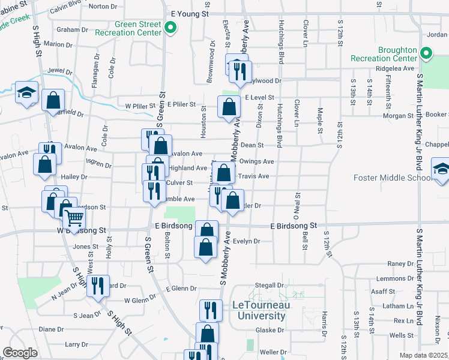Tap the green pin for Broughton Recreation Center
coord(426,54)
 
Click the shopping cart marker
coord(74,217)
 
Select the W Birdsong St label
coord(81,230)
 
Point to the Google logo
coord(20,353)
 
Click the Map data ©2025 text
coord(424,355)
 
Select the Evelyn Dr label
coord(246,241)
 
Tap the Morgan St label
coord(394,115)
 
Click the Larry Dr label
coord(76,344)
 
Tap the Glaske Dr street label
coord(269,330)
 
